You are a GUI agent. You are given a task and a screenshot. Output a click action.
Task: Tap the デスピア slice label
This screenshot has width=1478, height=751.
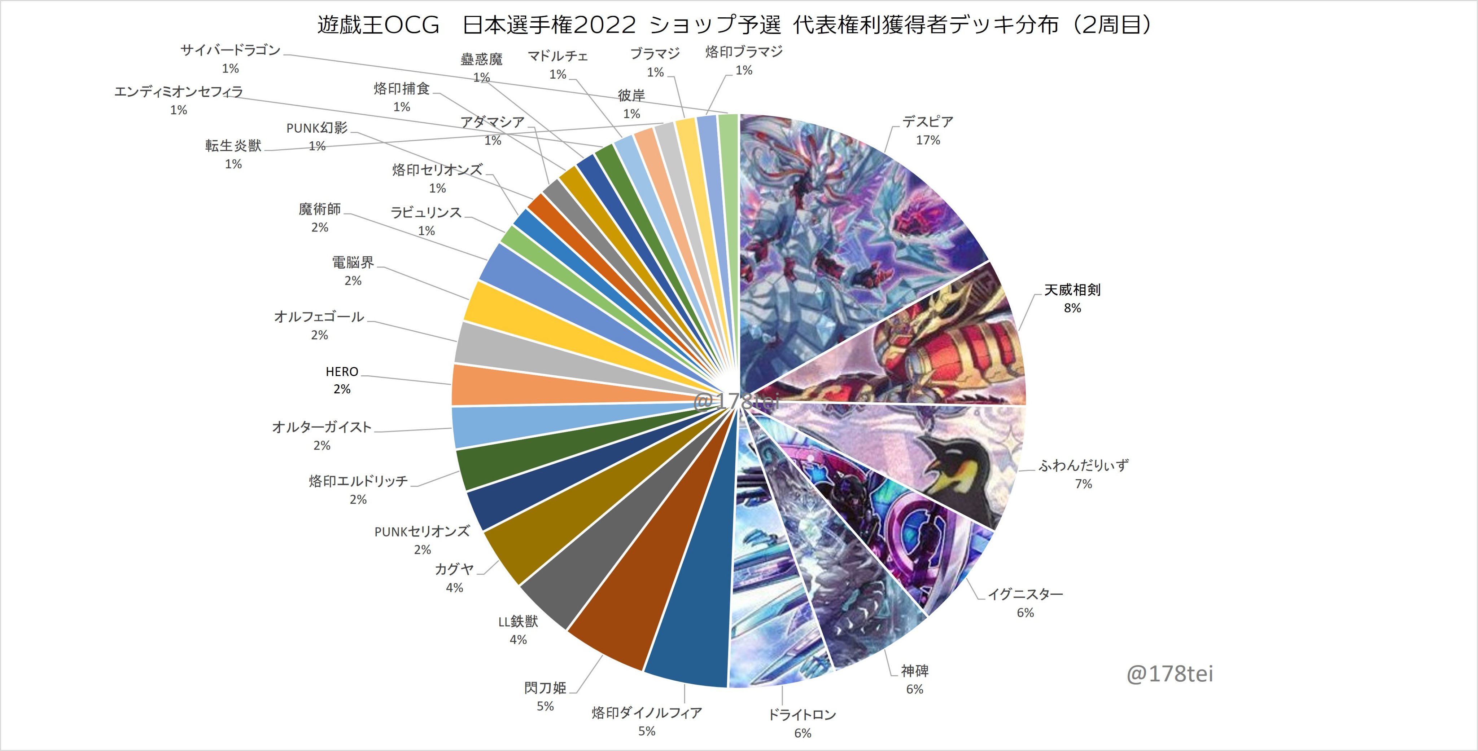tap(927, 122)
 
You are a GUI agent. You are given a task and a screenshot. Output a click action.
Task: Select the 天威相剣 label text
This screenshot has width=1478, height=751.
tap(1072, 290)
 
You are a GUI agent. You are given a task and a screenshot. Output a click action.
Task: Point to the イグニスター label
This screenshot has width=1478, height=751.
tap(1025, 595)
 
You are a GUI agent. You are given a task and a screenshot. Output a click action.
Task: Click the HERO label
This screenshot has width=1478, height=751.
tap(342, 371)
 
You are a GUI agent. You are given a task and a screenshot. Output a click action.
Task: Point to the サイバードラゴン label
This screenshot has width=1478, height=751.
tap(231, 50)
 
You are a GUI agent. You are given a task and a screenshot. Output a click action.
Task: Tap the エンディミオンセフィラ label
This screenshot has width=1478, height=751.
tap(179, 92)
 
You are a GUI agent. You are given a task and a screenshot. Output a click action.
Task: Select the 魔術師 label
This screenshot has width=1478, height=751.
tap(320, 209)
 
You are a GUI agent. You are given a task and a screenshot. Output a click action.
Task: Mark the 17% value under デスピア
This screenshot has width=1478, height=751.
tap(928, 140)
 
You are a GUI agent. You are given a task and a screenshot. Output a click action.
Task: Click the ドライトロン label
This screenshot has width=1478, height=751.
tap(802, 715)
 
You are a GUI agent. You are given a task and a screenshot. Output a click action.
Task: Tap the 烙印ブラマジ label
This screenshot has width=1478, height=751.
tap(744, 52)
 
